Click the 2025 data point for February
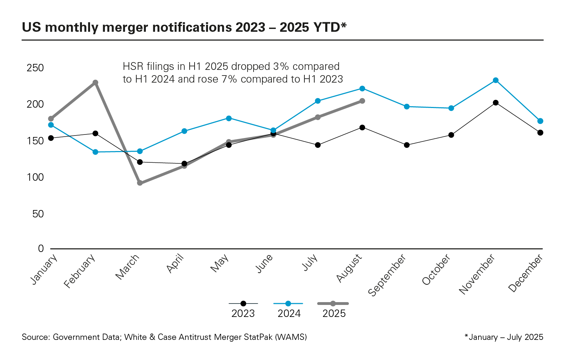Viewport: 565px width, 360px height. (x=95, y=83)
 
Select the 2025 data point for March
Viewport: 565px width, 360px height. (x=140, y=183)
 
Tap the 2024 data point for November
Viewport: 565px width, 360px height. (x=496, y=80)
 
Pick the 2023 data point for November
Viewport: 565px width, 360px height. (x=496, y=103)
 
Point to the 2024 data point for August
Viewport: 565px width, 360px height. (x=362, y=89)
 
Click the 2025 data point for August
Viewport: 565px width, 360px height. (x=362, y=101)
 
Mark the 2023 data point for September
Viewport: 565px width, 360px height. (x=407, y=145)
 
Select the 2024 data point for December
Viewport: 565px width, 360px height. (x=540, y=121)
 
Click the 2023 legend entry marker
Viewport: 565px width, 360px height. (x=243, y=304)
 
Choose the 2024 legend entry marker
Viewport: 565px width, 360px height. (x=288, y=304)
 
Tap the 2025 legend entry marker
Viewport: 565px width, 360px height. (x=333, y=304)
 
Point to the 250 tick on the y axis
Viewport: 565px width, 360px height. (x=35, y=68)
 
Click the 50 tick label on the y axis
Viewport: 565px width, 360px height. (x=38, y=214)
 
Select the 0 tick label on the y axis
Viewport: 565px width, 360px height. (x=41, y=249)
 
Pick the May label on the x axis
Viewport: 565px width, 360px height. (x=220, y=264)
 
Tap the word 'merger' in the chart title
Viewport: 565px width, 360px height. (x=118, y=28)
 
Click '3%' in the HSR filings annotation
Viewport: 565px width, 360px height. (x=281, y=66)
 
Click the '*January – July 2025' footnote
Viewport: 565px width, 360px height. (x=504, y=337)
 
